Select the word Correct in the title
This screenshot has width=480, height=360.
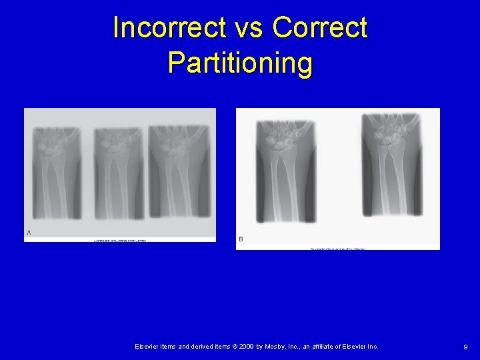tap(319, 28)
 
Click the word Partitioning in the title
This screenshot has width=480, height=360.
tap(240, 63)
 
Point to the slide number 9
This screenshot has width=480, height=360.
tap(465, 347)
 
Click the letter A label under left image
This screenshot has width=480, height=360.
tap(29, 233)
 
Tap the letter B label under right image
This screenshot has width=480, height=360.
tap(241, 239)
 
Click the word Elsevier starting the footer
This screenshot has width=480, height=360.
tap(148, 347)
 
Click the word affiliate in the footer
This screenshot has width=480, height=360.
tap(336, 347)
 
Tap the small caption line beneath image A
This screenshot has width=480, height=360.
tap(119, 240)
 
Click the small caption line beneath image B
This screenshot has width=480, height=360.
tap(337, 249)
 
